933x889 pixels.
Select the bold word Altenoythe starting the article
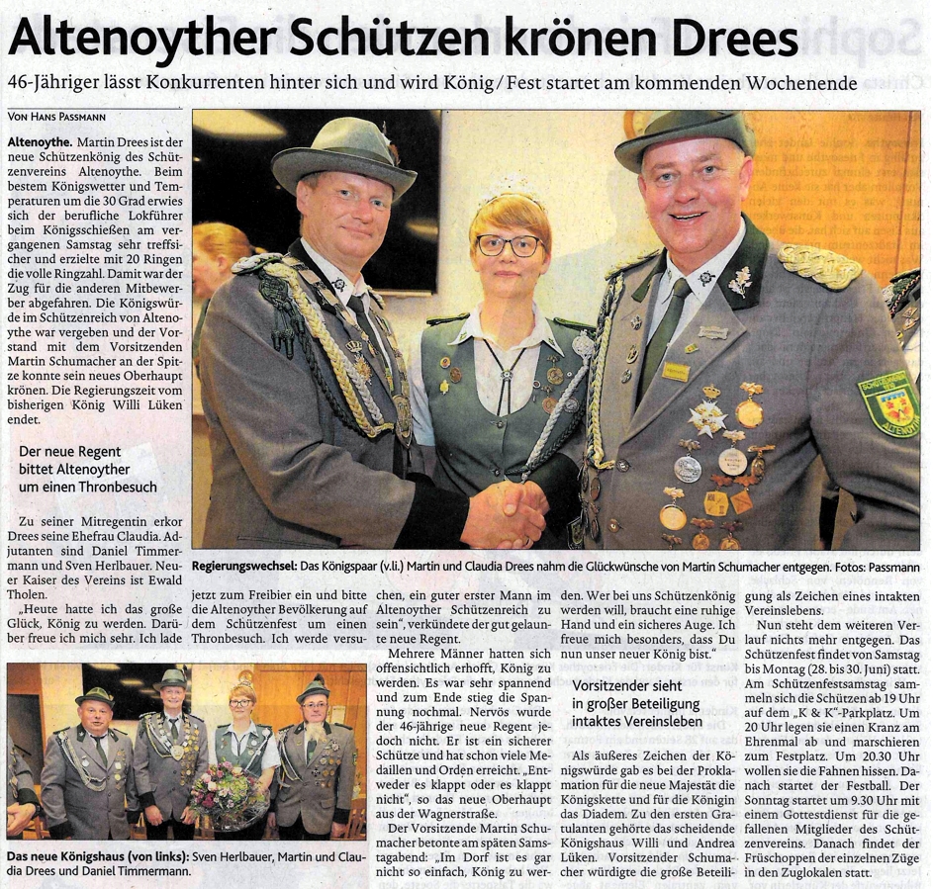(x=39, y=143)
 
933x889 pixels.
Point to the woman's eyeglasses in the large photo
(x=510, y=244)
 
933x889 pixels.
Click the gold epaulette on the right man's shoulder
(x=818, y=266)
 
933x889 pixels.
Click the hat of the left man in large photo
(x=344, y=153)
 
